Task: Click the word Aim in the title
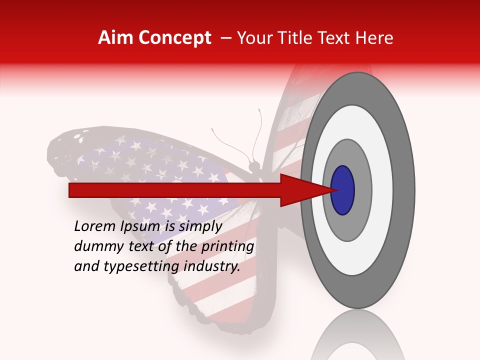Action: coord(115,38)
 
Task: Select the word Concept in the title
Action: coord(174,38)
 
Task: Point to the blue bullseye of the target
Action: coord(343,190)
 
